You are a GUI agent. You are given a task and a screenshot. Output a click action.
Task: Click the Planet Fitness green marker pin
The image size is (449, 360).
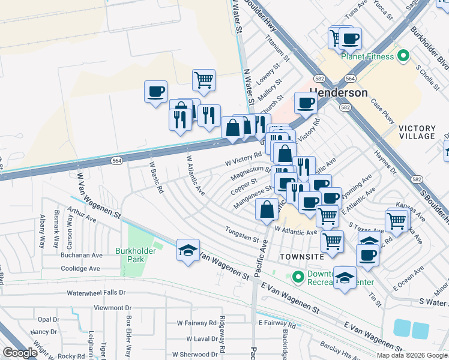pyautogui.click(x=403, y=56)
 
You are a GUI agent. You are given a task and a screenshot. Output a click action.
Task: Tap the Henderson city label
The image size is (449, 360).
pyautogui.click(x=338, y=93)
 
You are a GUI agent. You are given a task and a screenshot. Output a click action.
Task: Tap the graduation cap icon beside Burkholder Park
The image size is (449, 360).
pyautogui.click(x=188, y=250)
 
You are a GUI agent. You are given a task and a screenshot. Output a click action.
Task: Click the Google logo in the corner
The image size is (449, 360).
pyautogui.click(x=19, y=353)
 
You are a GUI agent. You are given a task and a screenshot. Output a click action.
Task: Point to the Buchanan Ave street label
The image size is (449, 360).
pyautogui.click(x=81, y=255)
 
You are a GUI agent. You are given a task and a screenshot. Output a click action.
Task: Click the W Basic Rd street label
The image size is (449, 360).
pyautogui.click(x=155, y=178)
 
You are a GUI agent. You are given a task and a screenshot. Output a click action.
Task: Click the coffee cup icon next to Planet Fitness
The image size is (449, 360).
pyautogui.click(x=350, y=39)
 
